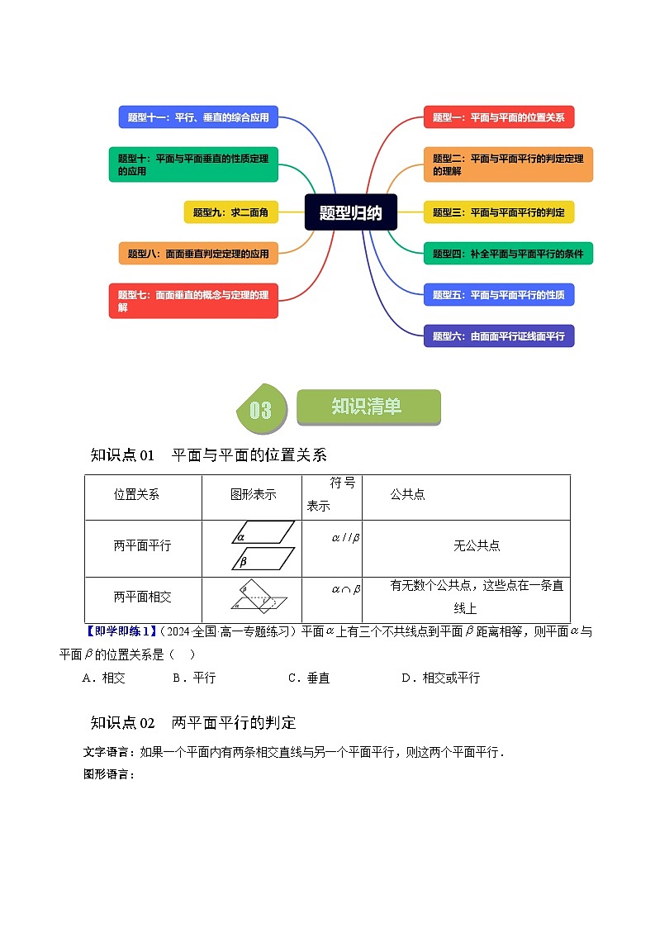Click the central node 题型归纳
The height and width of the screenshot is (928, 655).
tap(351, 212)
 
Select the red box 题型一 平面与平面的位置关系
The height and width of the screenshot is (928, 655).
tap(498, 117)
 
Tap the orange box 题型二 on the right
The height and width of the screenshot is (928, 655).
tap(508, 164)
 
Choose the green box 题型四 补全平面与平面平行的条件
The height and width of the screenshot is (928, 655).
tap(508, 254)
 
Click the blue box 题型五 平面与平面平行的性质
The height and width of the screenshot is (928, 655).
tap(498, 294)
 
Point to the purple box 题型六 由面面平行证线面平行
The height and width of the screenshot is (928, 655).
tap(498, 336)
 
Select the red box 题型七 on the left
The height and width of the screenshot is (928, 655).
tap(193, 301)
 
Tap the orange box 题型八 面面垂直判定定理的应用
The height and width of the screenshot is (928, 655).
tap(198, 254)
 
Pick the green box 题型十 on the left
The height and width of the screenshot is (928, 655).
tap(193, 164)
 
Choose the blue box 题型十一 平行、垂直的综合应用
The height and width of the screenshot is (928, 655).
tap(198, 117)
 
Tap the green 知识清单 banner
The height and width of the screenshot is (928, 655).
tap(368, 407)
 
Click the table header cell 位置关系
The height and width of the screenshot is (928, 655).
tap(137, 495)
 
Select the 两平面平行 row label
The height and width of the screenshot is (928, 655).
tap(143, 546)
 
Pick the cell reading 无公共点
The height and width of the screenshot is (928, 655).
tap(477, 546)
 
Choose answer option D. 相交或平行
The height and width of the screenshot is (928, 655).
tap(440, 678)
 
